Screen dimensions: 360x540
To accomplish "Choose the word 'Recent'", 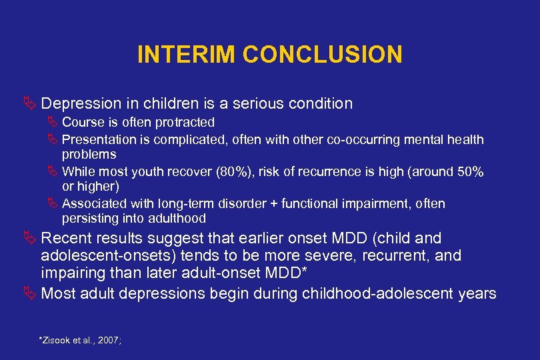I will click(65, 239).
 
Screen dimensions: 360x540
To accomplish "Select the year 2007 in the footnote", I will click(107, 341).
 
